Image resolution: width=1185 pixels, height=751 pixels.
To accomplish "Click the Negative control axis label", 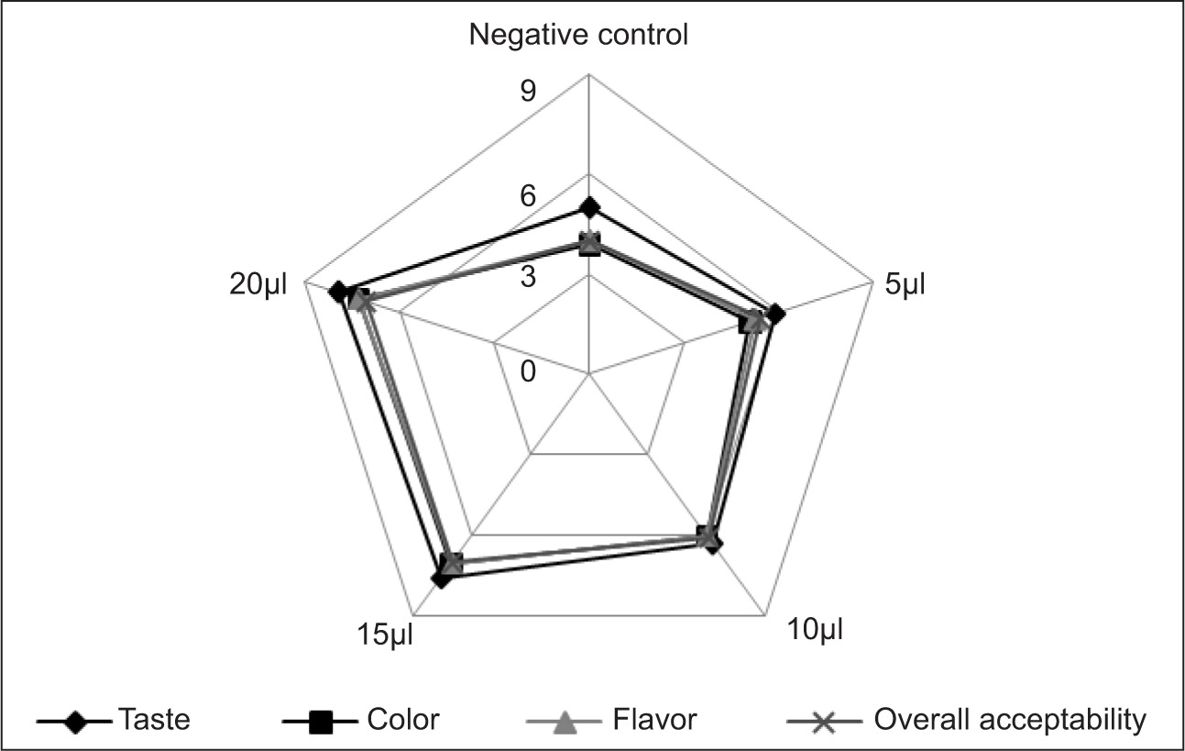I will point(578,36).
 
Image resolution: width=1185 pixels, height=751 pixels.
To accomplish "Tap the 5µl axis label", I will point(905,285).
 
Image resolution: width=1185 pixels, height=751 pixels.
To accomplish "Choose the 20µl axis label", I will point(258,285).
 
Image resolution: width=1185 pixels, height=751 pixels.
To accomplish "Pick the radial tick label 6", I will point(528,195).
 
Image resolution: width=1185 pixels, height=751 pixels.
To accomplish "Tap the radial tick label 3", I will point(528,276).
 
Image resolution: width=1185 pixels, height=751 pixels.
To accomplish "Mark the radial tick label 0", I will point(528,370).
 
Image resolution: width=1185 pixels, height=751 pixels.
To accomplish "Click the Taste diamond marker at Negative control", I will point(588,206).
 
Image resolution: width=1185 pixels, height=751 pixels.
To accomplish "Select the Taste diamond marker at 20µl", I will point(338,293).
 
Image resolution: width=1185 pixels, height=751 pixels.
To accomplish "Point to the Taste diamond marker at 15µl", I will point(441,579).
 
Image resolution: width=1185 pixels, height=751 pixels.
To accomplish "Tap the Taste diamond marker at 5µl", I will point(775,315).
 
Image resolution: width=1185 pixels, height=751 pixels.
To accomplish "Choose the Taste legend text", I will point(154,720).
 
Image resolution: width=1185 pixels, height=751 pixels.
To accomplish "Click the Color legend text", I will point(402,720).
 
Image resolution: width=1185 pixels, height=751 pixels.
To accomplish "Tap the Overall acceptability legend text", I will point(1010,720).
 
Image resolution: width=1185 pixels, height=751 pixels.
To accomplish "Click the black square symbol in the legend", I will point(320,723).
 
